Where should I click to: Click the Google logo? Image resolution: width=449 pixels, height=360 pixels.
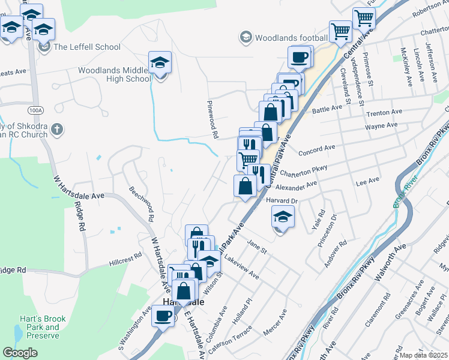pyautogui.click(x=20, y=352)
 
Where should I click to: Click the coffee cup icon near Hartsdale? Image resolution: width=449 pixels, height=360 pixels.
pyautogui.click(x=161, y=315)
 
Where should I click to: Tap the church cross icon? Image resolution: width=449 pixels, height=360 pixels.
pyautogui.click(x=56, y=129)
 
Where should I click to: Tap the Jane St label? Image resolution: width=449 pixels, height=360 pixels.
pyautogui.click(x=256, y=247)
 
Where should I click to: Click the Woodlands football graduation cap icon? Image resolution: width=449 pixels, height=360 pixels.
pyautogui.click(x=246, y=38)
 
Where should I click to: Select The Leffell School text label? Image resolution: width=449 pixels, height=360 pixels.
pyautogui.click(x=87, y=47)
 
